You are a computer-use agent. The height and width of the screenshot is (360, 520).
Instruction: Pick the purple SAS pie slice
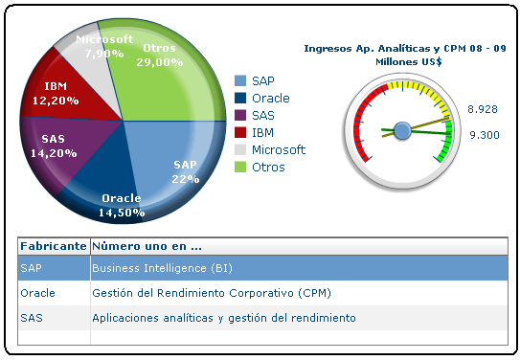62,144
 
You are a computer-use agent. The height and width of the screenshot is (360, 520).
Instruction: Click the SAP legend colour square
240,81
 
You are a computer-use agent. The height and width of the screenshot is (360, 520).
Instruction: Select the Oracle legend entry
270,99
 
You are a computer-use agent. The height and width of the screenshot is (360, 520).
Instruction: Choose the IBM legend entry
262,133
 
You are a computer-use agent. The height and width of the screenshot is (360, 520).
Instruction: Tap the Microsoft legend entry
278,150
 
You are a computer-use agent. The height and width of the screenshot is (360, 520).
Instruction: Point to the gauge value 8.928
483,110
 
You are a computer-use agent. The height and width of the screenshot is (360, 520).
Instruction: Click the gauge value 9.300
484,135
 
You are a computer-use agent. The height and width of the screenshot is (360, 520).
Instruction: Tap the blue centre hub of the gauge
402,129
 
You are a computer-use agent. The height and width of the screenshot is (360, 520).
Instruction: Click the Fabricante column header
54,245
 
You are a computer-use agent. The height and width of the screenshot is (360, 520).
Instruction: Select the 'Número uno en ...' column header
147,245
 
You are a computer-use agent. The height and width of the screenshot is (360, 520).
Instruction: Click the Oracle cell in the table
37,293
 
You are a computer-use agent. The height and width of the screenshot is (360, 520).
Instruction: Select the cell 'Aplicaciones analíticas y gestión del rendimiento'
224,318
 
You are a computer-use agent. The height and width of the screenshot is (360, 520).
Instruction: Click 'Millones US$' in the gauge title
405,61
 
